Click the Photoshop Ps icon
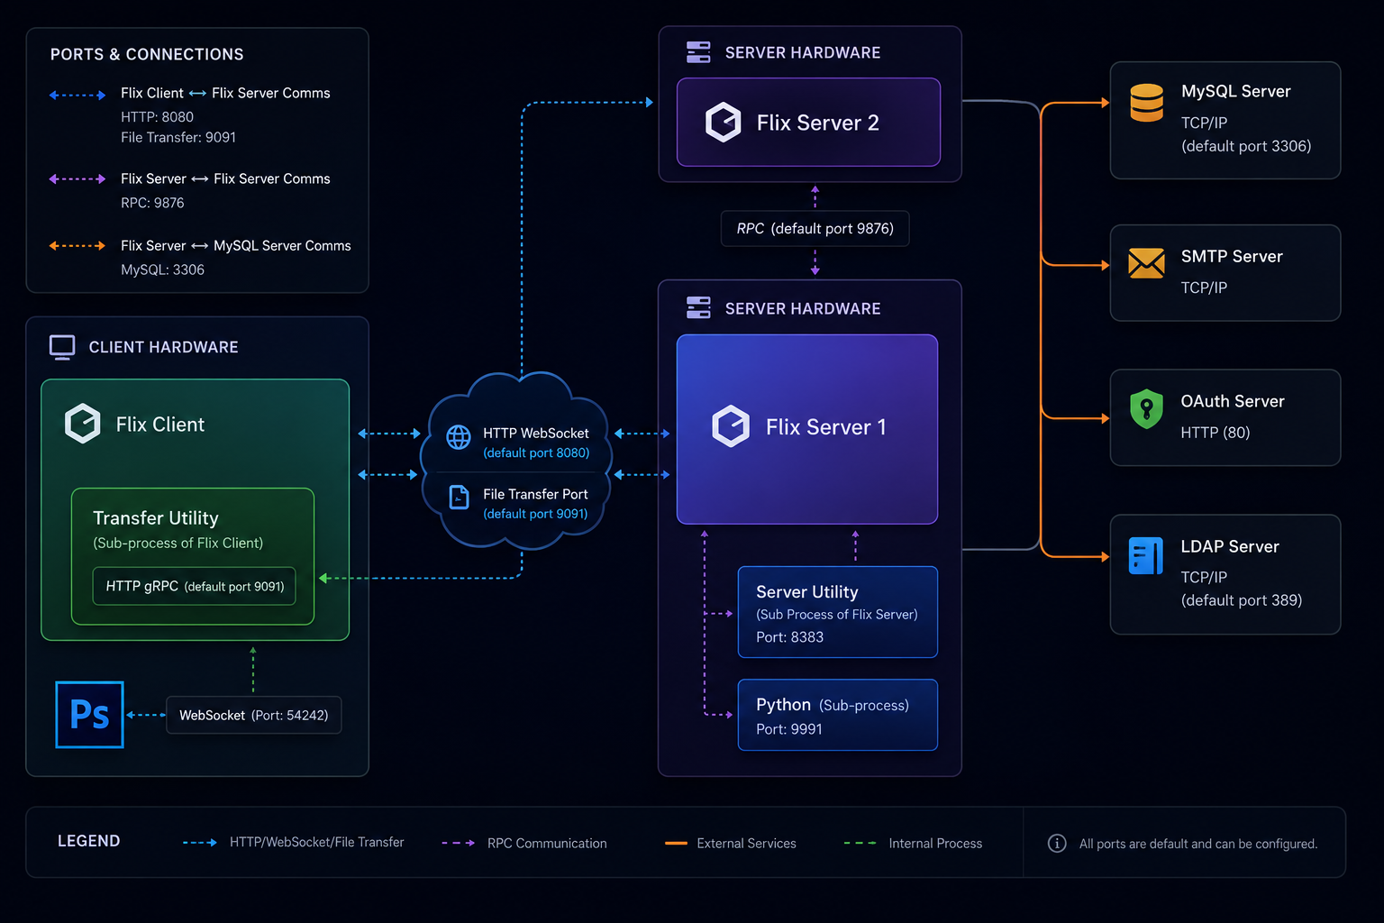[89, 715]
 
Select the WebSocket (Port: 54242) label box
[254, 716]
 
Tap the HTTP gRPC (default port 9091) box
[194, 586]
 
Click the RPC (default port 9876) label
[815, 229]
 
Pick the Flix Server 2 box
[809, 122]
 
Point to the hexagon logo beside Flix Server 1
[731, 426]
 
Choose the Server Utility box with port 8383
[838, 612]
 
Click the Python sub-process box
[838, 716]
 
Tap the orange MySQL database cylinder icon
[1147, 103]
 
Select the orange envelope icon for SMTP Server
[1147, 263]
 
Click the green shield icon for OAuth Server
[1147, 408]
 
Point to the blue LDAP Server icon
[1145, 556]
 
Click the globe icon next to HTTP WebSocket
[459, 437]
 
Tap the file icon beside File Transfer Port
[459, 497]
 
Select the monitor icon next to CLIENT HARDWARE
[62, 347]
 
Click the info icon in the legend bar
[1057, 844]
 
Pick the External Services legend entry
[731, 844]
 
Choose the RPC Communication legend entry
[524, 844]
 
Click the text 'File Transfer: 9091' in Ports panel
[178, 137]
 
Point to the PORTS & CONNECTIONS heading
[147, 54]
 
